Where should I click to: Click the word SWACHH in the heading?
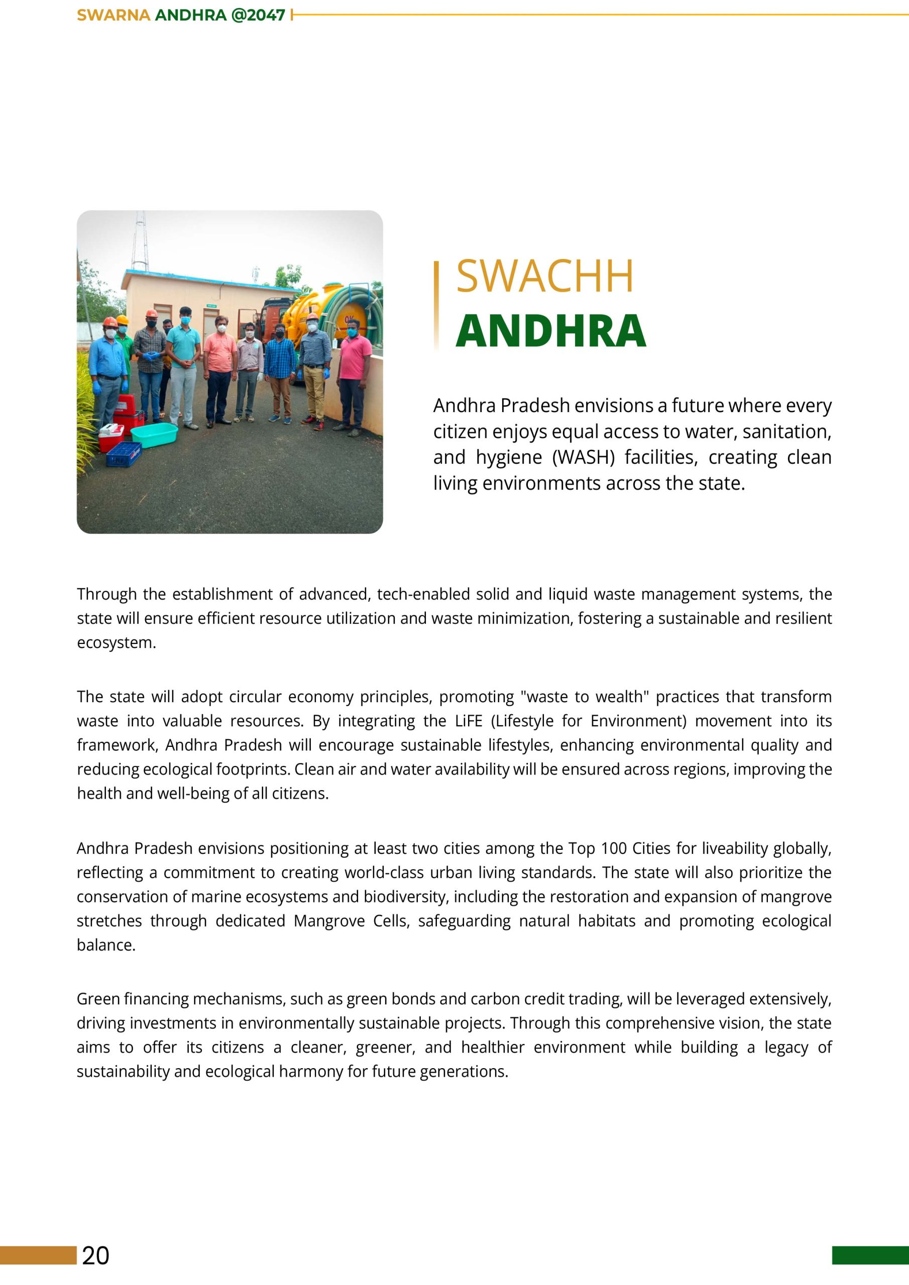(544, 276)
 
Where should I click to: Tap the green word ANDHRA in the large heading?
(550, 331)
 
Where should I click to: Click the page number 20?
(96, 1255)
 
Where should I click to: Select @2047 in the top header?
(258, 15)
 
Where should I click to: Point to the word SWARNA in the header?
(113, 15)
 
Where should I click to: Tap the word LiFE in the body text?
(468, 721)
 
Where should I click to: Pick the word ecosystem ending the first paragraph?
(116, 642)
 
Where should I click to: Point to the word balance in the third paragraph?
(105, 945)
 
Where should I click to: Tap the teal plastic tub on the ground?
(154, 435)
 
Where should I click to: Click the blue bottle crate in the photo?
(124, 454)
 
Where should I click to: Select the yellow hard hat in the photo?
(122, 320)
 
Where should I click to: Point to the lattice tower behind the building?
(140, 240)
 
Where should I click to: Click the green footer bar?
(870, 1255)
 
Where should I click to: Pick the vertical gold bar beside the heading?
(436, 305)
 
